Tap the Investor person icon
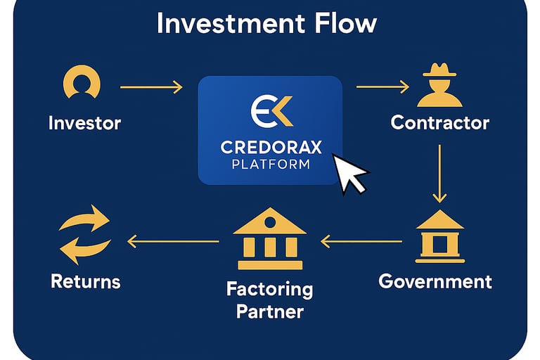[82, 83]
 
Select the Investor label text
[84, 123]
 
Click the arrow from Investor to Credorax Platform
[151, 87]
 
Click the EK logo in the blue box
[271, 111]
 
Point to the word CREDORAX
[270, 148]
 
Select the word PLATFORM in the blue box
[270, 165]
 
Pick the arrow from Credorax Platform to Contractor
[382, 87]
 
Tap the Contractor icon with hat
[440, 85]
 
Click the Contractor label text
[440, 123]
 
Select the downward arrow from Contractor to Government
[440, 173]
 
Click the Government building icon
[440, 236]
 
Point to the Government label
[435, 282]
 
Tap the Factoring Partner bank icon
[270, 239]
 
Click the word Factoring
[270, 289]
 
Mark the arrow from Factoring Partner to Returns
[173, 242]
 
